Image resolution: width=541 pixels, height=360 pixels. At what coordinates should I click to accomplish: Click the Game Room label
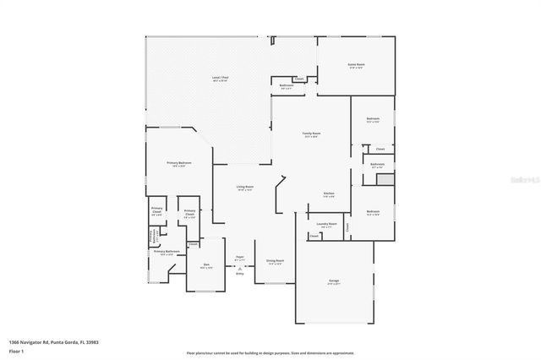tap(356, 64)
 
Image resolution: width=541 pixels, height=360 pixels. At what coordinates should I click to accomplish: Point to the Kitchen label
tap(329, 194)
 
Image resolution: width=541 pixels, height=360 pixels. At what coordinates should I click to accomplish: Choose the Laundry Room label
tap(326, 224)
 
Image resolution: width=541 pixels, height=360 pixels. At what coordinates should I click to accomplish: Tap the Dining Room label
tap(275, 261)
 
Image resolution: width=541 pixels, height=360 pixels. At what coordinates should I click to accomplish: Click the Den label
tap(206, 265)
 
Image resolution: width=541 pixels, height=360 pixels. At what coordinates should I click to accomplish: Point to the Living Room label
tap(245, 188)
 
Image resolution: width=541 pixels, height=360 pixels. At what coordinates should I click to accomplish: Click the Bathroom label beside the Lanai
tap(287, 85)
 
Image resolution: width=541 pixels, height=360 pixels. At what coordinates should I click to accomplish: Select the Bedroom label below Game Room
tap(373, 119)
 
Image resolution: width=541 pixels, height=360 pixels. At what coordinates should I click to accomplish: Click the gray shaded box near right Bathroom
tap(385, 180)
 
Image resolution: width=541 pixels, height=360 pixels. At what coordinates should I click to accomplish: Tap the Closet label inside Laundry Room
tap(314, 237)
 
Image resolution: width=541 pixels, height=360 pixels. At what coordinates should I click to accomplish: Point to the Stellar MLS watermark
tap(522, 179)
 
